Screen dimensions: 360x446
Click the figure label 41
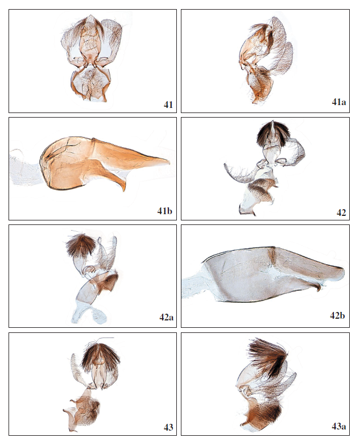click(x=168, y=105)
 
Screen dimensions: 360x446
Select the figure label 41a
click(x=338, y=102)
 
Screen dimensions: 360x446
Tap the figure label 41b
click(x=164, y=211)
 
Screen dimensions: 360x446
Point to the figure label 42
click(x=341, y=212)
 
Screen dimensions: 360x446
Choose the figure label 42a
click(x=166, y=317)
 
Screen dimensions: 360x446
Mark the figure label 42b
click(x=337, y=315)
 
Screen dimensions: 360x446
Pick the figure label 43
click(x=168, y=427)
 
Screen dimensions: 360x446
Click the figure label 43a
click(x=338, y=426)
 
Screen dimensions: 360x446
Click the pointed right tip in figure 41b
click(x=169, y=162)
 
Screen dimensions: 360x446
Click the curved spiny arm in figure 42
click(x=239, y=174)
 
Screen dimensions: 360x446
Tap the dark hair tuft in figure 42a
click(x=81, y=245)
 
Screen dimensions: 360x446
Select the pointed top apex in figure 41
click(x=90, y=16)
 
